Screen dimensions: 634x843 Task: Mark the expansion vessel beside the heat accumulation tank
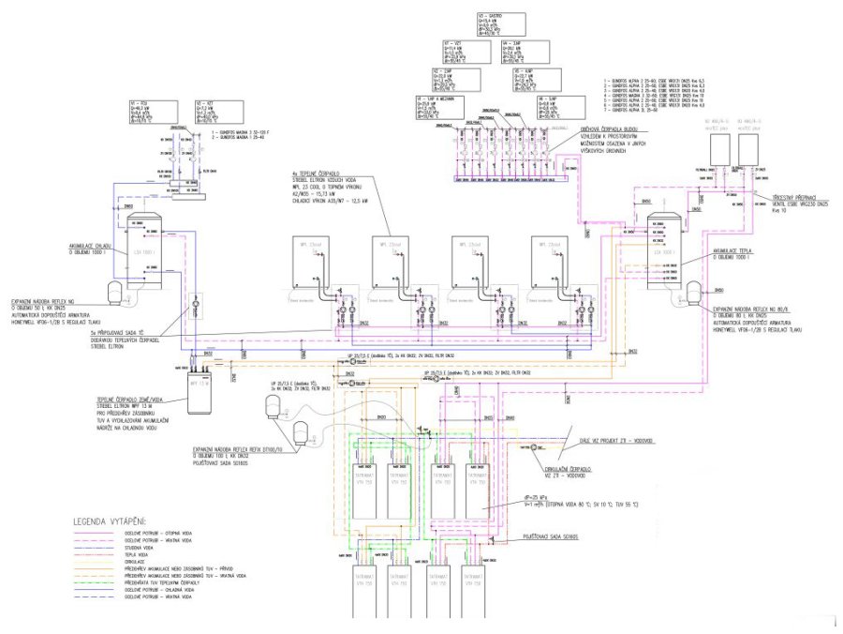(x=695, y=292)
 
